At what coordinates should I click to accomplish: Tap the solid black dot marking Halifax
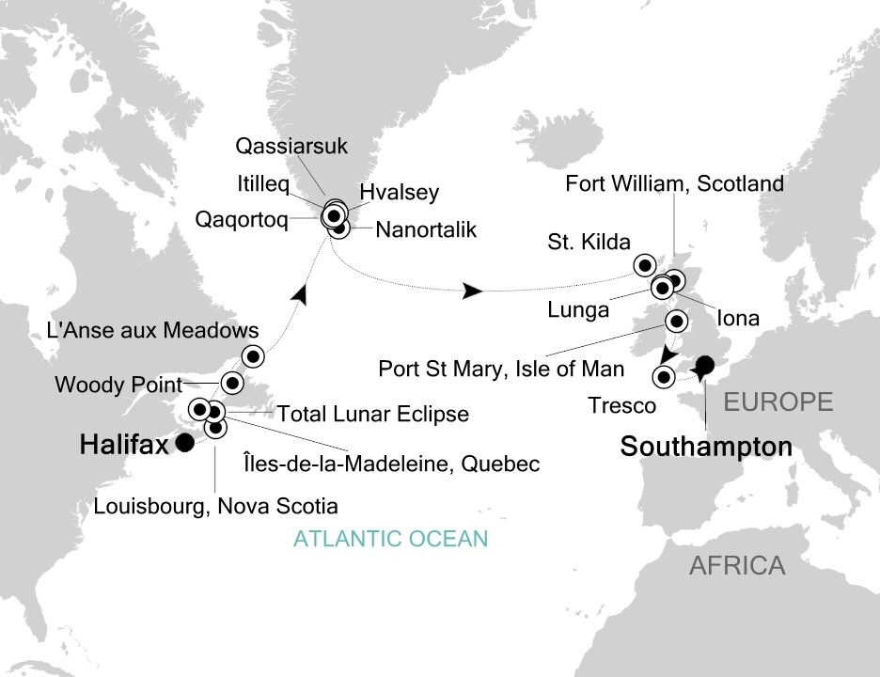pos(184,444)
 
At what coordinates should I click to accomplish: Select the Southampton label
pos(705,449)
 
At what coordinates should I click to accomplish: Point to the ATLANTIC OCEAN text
pos(391,539)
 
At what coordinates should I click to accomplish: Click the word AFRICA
pos(736,566)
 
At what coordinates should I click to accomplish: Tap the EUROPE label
pos(778,403)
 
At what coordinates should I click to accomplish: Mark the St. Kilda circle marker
pos(645,263)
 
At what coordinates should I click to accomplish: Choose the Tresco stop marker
pos(664,378)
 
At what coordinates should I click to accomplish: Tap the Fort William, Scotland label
pos(674,183)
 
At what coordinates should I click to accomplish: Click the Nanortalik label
pos(426,229)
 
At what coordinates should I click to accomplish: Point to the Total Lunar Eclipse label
pos(372,412)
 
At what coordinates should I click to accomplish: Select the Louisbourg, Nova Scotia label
pos(215,507)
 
